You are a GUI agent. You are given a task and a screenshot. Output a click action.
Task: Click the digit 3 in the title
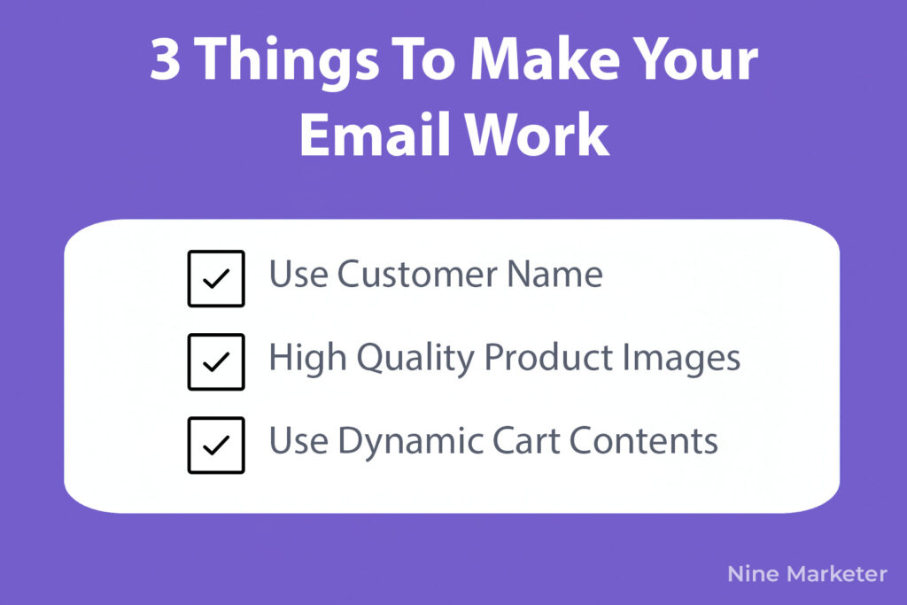[x=165, y=59]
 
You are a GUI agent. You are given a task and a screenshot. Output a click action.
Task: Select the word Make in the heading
[x=546, y=58]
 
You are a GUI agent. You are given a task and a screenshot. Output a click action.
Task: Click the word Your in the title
[x=696, y=59]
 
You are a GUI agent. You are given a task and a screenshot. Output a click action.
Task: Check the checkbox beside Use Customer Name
[x=216, y=278]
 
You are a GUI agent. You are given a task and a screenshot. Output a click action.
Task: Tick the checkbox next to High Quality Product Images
[x=216, y=361]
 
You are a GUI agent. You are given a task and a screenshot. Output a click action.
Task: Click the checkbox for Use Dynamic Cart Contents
[x=216, y=445]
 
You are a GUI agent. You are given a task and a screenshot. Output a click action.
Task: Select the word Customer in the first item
[x=416, y=274]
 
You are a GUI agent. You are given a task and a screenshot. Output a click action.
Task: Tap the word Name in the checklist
[x=554, y=274]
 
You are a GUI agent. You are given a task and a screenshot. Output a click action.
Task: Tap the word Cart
[x=526, y=441]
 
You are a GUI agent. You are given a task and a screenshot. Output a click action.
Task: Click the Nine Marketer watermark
[x=807, y=574]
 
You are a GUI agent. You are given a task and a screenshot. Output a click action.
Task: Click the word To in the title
[x=424, y=59]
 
